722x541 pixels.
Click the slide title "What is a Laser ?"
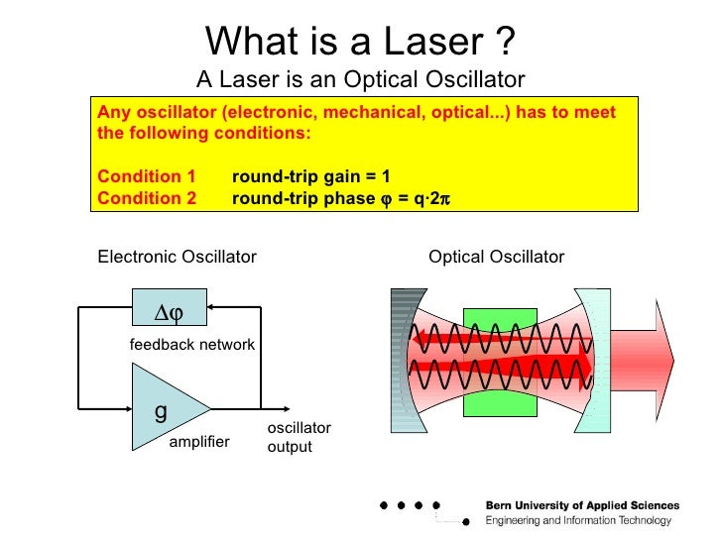tap(360, 41)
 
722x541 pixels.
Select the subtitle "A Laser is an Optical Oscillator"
tap(360, 79)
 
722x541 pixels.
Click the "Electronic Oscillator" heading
tap(177, 258)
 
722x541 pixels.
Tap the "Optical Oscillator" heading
tap(496, 258)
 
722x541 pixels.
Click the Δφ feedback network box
tap(168, 311)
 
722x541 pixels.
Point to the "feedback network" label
tap(192, 345)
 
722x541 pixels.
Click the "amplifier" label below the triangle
tap(198, 441)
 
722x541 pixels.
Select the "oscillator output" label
tap(299, 437)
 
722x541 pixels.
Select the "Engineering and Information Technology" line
tap(578, 521)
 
